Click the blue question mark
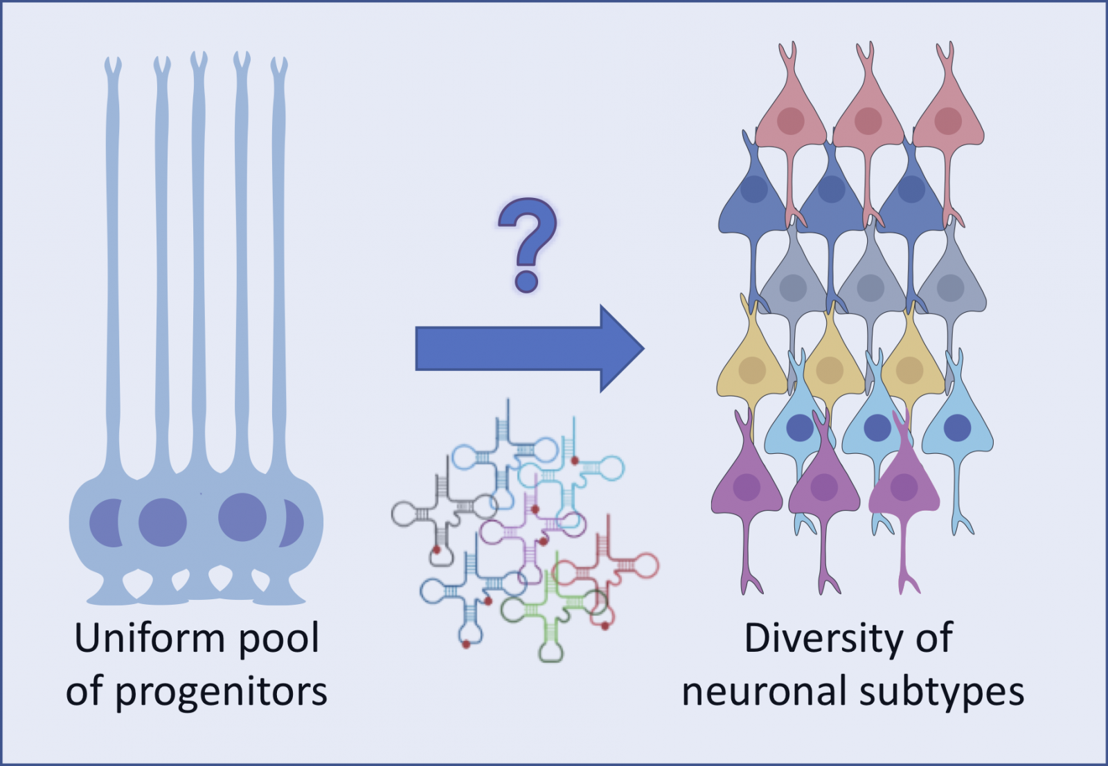[x=527, y=242]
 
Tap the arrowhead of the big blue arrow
[x=620, y=349]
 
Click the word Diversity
[x=821, y=638]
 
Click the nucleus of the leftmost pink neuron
[x=790, y=121]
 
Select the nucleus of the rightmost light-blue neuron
[x=957, y=428]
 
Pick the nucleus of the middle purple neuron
[x=824, y=487]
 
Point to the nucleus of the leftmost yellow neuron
[x=752, y=371]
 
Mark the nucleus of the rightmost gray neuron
[x=950, y=288]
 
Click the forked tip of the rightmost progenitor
[x=278, y=68]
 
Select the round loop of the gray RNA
[x=405, y=514]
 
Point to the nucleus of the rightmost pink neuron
[x=948, y=121]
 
